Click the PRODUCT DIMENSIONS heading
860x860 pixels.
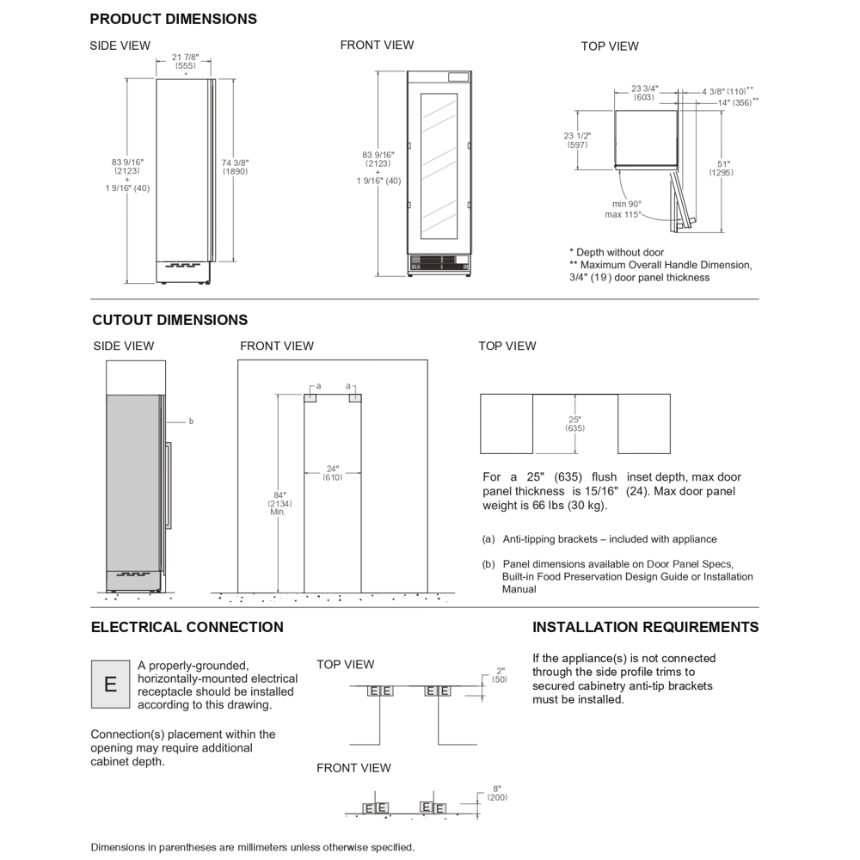point(173,19)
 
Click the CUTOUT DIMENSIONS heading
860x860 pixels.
point(169,320)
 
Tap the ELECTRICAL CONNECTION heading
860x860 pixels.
point(187,628)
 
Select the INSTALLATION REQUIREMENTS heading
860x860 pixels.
point(645,628)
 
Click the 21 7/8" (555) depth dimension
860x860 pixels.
point(185,61)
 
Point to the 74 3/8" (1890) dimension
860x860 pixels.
point(236,167)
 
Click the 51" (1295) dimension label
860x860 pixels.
point(722,169)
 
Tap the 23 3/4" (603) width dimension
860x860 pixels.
point(644,93)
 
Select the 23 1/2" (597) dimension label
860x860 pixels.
point(577,140)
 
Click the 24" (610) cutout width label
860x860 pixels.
point(332,473)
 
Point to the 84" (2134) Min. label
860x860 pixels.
point(279,503)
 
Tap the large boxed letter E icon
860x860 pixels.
point(110,685)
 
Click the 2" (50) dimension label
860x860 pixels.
point(500,675)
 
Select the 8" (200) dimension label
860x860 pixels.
point(497,793)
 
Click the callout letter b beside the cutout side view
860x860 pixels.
point(191,421)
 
